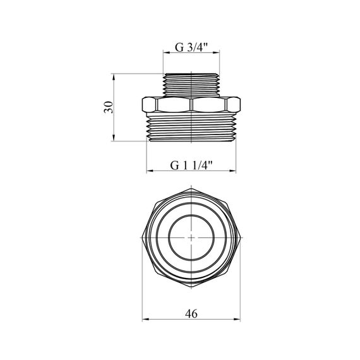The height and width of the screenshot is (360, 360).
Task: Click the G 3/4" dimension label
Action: tap(191, 47)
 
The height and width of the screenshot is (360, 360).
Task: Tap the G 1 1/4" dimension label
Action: tap(191, 165)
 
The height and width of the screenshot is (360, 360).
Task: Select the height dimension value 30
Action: tap(109, 107)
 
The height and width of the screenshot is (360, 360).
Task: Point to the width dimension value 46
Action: tap(191, 314)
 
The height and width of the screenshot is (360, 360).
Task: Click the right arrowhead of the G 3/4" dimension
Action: tap(216, 53)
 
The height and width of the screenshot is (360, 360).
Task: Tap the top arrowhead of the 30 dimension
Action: tap(114, 77)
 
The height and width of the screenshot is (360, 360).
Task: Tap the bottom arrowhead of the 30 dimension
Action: tap(114, 138)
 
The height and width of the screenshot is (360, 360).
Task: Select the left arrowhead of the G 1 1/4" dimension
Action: tap(150, 171)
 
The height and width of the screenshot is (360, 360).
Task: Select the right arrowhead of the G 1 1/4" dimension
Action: tap(232, 171)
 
